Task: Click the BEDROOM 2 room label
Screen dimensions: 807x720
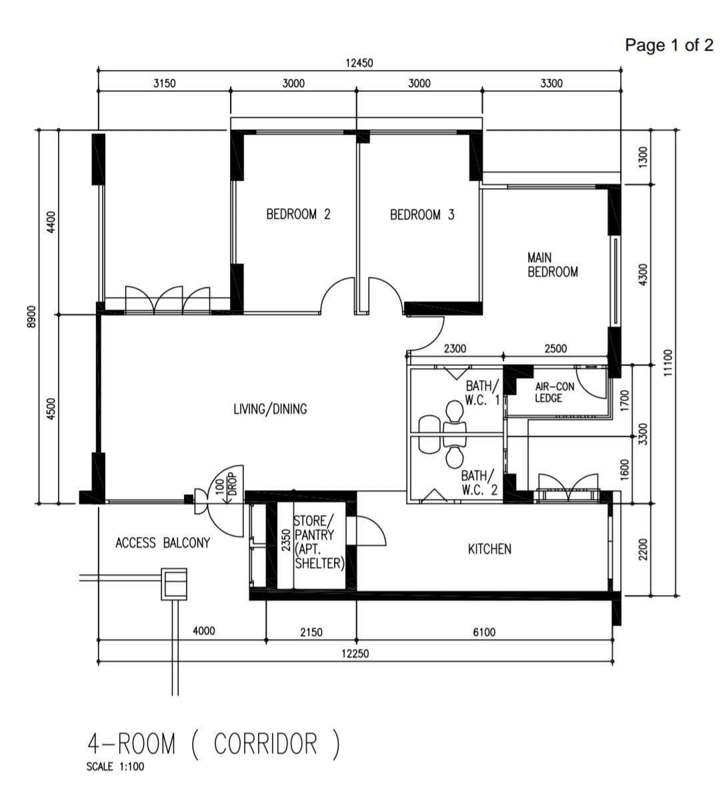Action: [298, 215]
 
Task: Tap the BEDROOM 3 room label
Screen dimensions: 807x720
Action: [422, 215]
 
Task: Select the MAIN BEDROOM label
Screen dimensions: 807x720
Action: [552, 265]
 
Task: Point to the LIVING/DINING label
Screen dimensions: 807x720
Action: [270, 409]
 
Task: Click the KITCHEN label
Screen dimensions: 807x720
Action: [489, 549]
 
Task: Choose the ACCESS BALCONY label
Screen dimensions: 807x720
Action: [162, 543]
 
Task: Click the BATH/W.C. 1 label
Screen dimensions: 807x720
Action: [482, 393]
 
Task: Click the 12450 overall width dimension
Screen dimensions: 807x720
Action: [359, 63]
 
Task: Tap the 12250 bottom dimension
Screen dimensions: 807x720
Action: [355, 654]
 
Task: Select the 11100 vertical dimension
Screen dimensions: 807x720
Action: [669, 363]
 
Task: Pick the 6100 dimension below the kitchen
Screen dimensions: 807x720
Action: [484, 632]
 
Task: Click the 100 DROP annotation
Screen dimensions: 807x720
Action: [225, 486]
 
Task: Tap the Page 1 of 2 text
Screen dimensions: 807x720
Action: [669, 45]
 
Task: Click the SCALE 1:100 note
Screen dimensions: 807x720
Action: [115, 767]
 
